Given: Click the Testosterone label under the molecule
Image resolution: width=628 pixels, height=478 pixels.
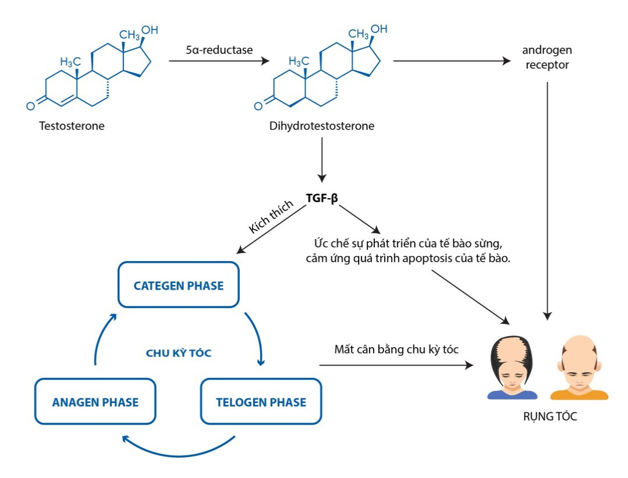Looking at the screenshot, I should point(72,126).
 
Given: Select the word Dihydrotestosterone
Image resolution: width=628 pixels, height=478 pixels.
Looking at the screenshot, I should point(322,126).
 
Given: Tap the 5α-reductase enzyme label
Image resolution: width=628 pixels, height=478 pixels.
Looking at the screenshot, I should point(219,50).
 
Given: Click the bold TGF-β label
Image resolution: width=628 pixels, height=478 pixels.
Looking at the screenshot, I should point(322,198).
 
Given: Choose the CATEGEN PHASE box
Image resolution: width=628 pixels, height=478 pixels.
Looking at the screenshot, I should point(179,285).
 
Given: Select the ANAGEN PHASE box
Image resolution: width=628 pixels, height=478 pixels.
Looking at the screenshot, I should point(95,402).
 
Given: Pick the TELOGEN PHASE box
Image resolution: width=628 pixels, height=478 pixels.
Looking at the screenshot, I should point(261,402).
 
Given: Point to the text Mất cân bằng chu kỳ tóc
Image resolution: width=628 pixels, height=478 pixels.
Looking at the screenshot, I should point(396,349).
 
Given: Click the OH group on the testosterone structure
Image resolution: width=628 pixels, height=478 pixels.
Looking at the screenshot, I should point(150,29).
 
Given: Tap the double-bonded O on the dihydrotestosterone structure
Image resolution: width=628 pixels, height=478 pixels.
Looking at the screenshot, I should point(258,107).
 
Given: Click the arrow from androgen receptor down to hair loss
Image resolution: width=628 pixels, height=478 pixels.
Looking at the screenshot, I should point(547,198).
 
